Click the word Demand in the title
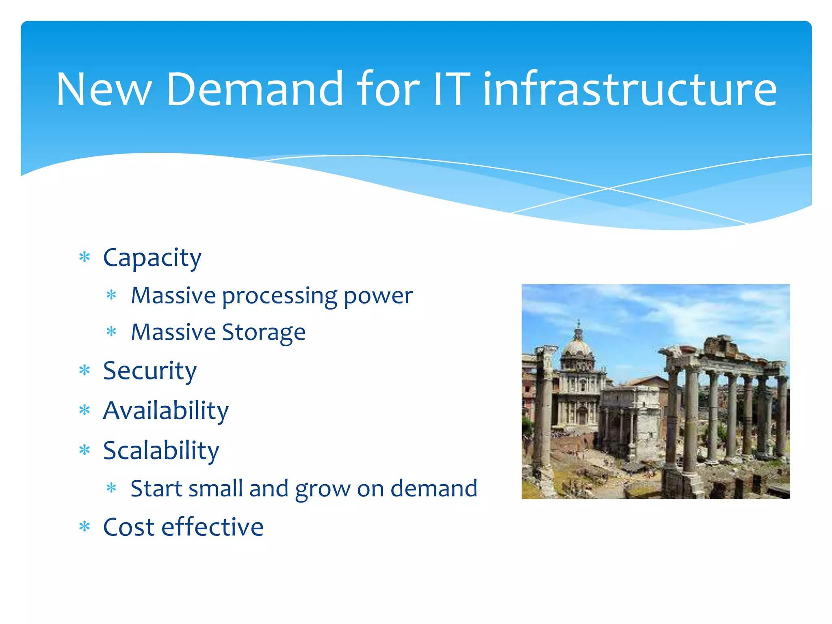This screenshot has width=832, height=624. (255, 89)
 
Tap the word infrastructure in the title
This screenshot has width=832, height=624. (630, 89)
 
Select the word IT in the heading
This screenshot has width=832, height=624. (451, 89)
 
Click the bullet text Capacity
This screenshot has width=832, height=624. (152, 258)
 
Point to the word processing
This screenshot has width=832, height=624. (279, 296)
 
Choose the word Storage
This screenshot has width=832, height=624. (264, 333)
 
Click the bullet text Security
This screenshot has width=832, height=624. (149, 371)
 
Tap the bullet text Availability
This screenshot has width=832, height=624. (166, 411)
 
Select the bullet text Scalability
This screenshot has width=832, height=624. (161, 451)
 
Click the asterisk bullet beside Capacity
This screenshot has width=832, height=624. (84, 257)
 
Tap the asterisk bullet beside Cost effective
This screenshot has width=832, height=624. (84, 527)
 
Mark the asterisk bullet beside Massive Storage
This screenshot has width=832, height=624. (111, 332)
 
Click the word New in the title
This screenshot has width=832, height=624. (104, 89)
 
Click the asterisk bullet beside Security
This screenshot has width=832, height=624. (84, 370)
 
